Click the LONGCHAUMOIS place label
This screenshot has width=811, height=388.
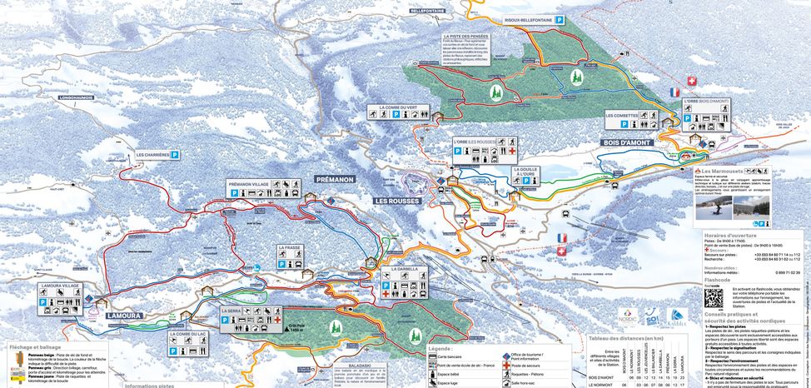pos(77,97)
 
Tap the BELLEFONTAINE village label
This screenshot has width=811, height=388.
pos(430,12)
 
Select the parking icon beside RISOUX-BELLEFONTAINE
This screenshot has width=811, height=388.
pos(561,19)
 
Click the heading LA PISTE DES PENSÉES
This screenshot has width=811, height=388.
pos(465,37)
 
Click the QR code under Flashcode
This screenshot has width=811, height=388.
pos(714,296)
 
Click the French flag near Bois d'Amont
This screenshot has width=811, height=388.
pos(674,92)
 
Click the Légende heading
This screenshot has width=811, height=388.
pos(440,348)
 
